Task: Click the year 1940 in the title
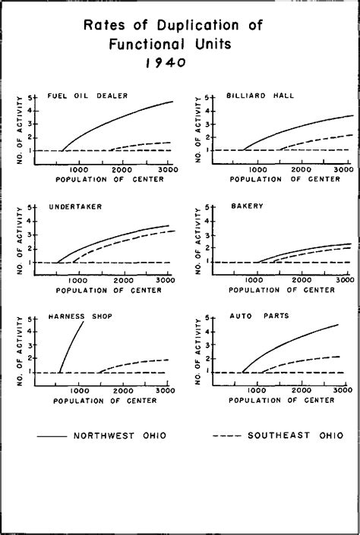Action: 166,63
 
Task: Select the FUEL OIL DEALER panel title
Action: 87,96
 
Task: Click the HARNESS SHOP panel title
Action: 81,316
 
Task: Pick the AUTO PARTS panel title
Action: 253,316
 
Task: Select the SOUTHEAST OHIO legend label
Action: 295,436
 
